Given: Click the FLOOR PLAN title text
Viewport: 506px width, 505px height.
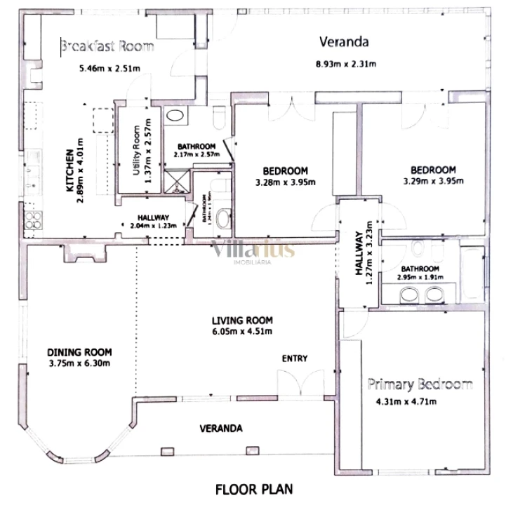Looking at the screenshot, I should pyautogui.click(x=253, y=489).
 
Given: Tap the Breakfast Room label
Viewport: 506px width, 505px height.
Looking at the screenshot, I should pyautogui.click(x=107, y=47).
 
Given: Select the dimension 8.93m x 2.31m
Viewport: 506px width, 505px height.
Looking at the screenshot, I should pyautogui.click(x=345, y=64).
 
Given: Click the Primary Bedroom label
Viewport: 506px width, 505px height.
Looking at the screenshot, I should pyautogui.click(x=420, y=384).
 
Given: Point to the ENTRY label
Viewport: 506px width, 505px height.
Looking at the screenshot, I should pyautogui.click(x=295, y=358).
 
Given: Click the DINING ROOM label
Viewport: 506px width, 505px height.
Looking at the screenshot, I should pyautogui.click(x=80, y=352).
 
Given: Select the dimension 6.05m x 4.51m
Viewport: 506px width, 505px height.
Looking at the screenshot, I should pyautogui.click(x=241, y=331).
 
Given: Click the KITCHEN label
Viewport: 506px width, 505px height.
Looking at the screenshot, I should pyautogui.click(x=70, y=170).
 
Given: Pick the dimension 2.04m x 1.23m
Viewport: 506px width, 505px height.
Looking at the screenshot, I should pyautogui.click(x=152, y=226).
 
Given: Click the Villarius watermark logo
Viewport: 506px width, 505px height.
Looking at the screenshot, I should pyautogui.click(x=253, y=250).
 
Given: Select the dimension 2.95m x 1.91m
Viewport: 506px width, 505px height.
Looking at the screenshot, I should pyautogui.click(x=420, y=278).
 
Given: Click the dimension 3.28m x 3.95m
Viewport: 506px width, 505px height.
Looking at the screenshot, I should pyautogui.click(x=286, y=182).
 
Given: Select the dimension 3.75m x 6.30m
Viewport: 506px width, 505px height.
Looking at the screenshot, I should pyautogui.click(x=80, y=363).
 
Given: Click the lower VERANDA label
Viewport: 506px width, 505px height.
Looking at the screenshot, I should pyautogui.click(x=221, y=428).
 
